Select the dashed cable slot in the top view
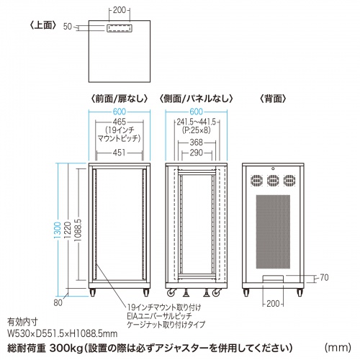pyautogui.click(x=120, y=28)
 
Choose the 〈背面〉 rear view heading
pyautogui.click(x=272, y=97)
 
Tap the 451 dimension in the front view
pyautogui.click(x=120, y=153)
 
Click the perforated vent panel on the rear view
pyautogui.click(x=272, y=230)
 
